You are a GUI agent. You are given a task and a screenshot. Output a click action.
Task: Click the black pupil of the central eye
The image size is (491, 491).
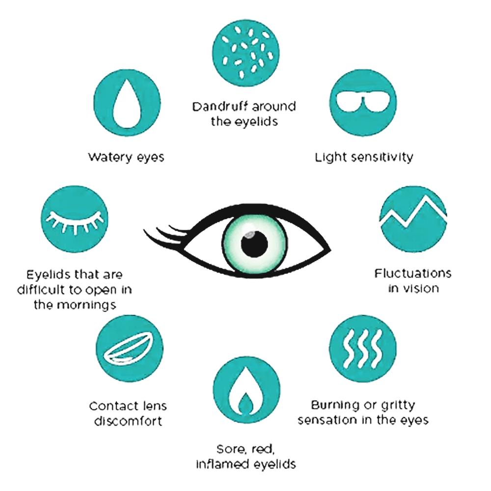pos(254,242)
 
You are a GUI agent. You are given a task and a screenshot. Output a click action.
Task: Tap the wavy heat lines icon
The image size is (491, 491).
pos(363,348)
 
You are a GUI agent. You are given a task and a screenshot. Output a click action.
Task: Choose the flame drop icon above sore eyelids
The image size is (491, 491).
pos(245,393)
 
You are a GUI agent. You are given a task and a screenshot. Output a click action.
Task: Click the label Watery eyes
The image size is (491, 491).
pos(126,157)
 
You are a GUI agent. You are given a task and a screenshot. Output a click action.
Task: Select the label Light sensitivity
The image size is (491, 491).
pos(363,157)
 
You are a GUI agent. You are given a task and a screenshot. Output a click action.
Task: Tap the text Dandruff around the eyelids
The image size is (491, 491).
pos(244,113)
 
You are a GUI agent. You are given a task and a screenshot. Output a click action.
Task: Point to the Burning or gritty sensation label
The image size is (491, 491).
pos(363,412)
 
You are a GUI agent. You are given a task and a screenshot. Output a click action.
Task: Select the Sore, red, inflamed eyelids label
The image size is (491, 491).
pos(246,457)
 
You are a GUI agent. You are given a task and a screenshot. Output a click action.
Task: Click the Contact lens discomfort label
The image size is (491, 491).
pos(128,413)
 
